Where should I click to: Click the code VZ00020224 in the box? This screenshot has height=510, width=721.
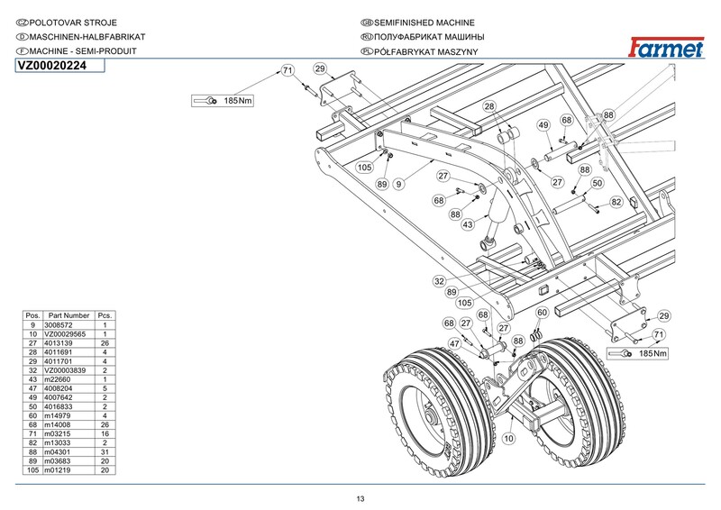point(50,66)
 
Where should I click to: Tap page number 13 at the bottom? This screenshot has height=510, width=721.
point(360,499)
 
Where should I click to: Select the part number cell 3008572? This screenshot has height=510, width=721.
point(68,324)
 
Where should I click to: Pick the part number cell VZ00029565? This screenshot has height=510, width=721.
point(68,333)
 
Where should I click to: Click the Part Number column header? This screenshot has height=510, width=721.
point(68,315)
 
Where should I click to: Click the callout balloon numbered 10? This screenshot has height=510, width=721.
point(508,439)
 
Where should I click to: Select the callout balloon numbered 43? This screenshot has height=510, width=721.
point(468,224)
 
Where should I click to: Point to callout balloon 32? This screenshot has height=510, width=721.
point(439,281)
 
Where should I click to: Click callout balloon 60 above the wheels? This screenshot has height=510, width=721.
point(542,313)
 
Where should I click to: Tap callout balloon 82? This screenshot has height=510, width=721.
point(616,202)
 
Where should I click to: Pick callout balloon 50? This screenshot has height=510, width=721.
point(597,184)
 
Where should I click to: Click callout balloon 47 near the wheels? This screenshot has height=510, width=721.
point(455,343)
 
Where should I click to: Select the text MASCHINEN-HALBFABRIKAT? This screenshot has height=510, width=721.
point(82,37)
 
